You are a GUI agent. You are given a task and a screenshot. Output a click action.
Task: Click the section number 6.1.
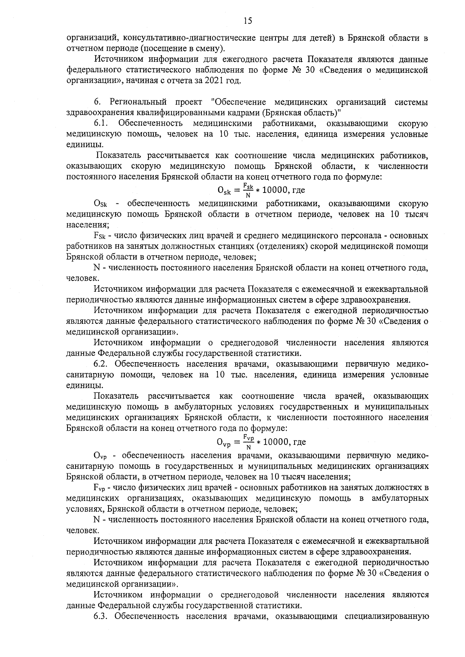102,124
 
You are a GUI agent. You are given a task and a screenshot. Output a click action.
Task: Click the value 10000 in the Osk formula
275,190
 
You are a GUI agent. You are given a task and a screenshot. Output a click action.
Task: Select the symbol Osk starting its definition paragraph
102,204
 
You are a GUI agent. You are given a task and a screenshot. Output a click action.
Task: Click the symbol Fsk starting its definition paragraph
101,236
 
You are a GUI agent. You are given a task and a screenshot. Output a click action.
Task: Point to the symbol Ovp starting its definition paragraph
102,455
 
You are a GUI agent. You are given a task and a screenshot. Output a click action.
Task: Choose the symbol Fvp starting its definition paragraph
101,487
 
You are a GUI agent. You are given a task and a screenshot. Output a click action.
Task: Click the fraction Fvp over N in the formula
248,441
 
